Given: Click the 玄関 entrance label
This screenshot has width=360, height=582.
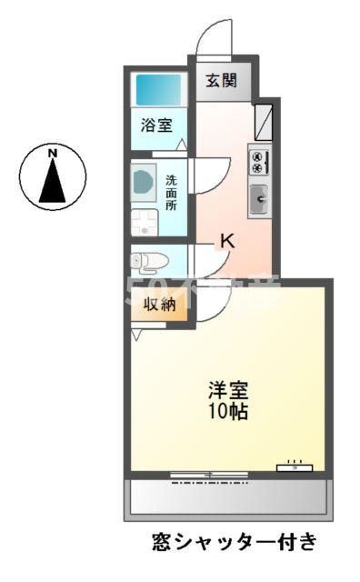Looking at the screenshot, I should pos(220,80).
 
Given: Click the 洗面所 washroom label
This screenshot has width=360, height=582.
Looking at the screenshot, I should pos(172,192).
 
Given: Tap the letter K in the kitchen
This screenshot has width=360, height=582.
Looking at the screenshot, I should pos(228,242).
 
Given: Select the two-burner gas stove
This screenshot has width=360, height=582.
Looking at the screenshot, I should pos(257,162).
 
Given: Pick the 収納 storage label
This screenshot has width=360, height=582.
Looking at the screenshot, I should pos(159,305).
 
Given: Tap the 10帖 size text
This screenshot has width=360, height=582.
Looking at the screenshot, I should pos(228,411).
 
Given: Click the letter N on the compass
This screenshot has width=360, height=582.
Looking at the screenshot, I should pos(54,153).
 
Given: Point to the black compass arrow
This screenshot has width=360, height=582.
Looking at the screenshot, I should pos(54,180).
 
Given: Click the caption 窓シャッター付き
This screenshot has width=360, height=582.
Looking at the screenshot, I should pos(235,543).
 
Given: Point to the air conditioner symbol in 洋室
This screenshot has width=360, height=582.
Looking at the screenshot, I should pos(295,467).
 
